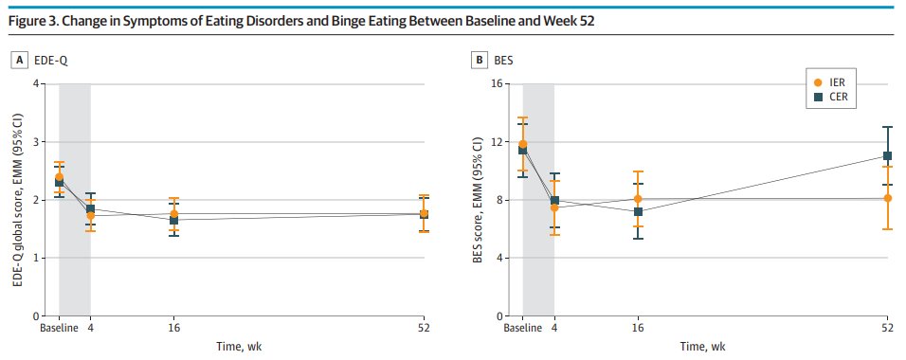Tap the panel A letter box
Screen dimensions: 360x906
(18, 61)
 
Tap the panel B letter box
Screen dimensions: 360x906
(481, 61)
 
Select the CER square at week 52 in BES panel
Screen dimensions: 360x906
(888, 155)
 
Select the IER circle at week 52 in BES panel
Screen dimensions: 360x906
(888, 198)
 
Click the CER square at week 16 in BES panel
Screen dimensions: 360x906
(638, 211)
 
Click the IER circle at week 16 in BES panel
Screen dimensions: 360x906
(638, 199)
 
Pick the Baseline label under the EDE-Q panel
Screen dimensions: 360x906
(59, 327)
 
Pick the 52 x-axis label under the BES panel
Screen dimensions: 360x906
(888, 327)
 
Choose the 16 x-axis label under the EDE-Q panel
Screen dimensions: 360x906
(173, 327)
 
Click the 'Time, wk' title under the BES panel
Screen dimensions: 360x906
(705, 348)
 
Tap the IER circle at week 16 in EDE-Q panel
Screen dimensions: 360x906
(173, 214)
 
